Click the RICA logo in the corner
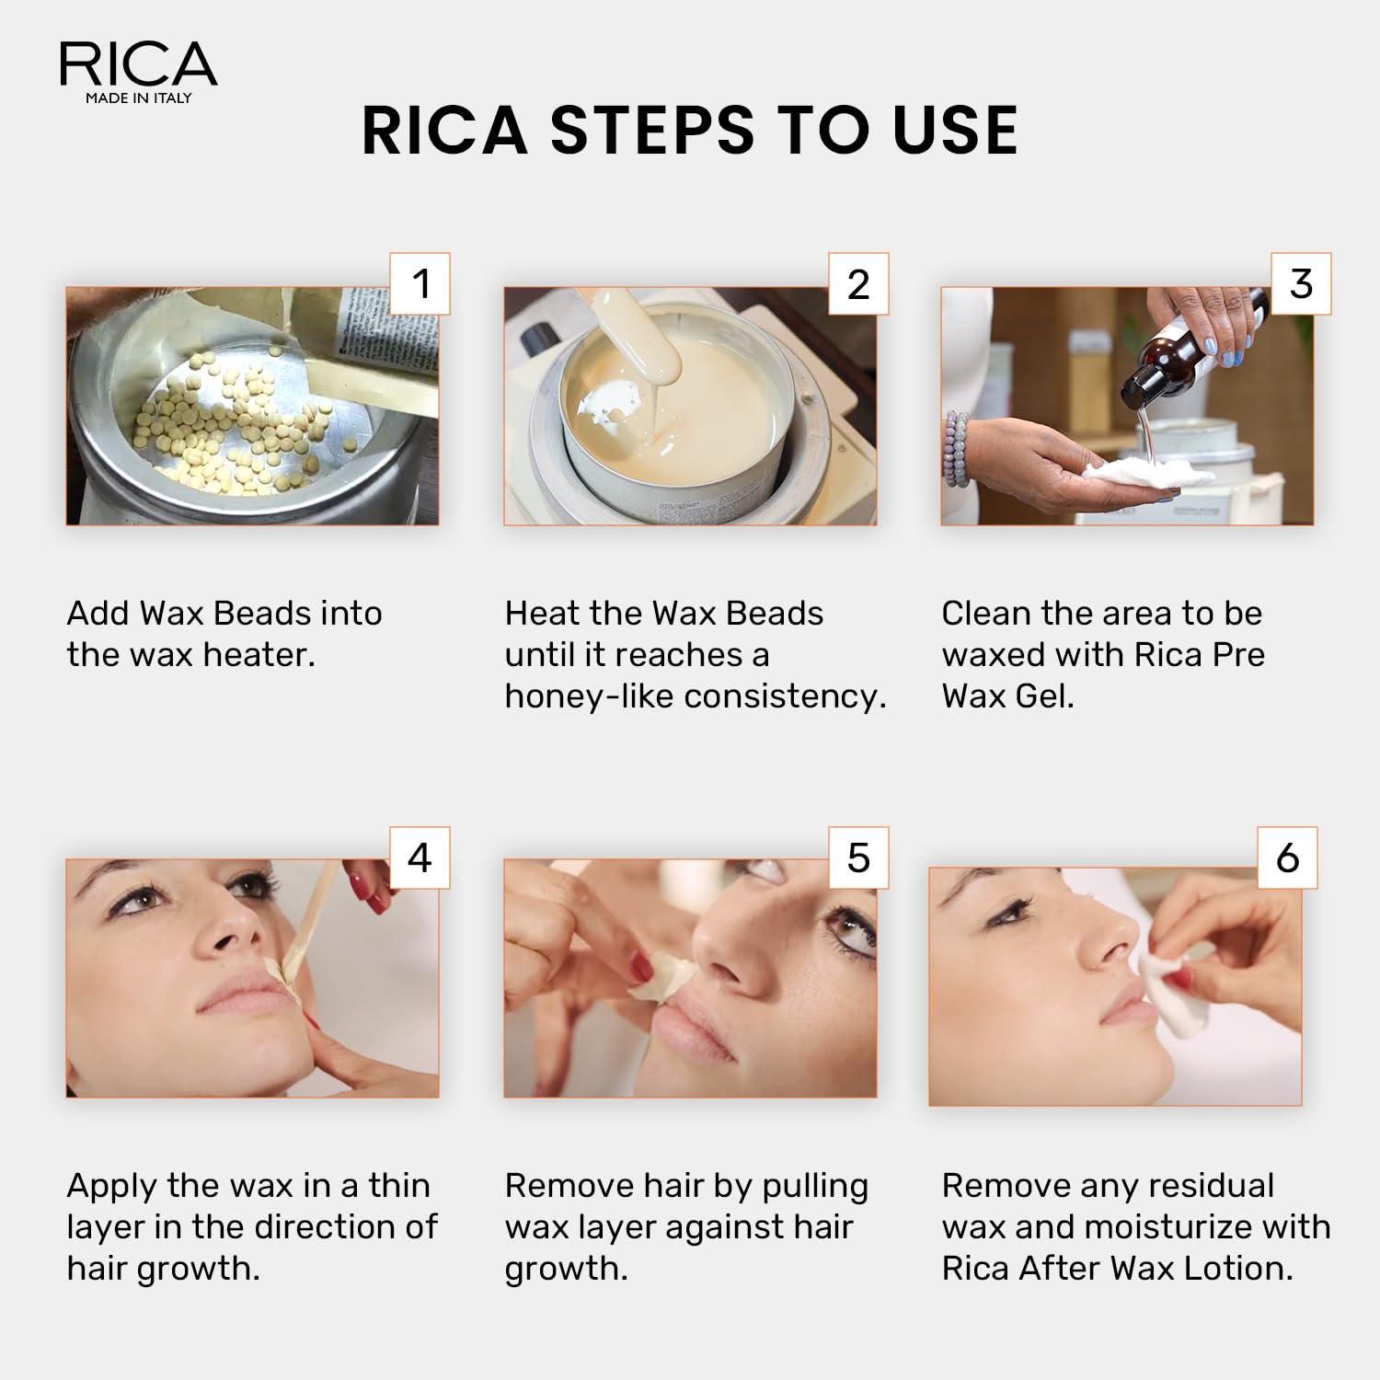(138, 64)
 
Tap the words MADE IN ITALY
(138, 98)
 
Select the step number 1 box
(420, 283)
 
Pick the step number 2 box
(858, 283)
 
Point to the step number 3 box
(1301, 283)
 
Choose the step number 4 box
(420, 857)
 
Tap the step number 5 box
(858, 857)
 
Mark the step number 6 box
(1288, 857)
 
